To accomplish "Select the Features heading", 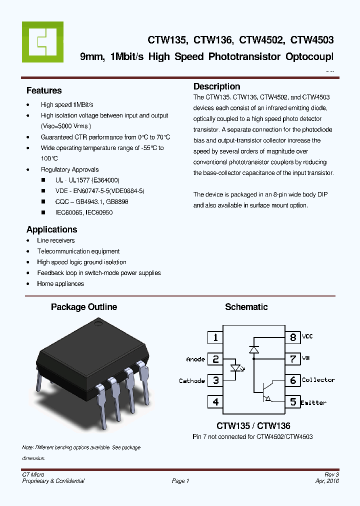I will (x=44, y=90).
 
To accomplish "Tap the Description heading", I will (x=216, y=86).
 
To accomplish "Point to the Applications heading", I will (x=51, y=229).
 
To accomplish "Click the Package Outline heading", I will (x=84, y=307).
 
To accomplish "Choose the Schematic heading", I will (x=246, y=307).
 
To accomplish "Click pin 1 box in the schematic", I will (x=215, y=337).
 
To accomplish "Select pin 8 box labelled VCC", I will (x=293, y=337).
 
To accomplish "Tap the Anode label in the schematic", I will (x=195, y=359).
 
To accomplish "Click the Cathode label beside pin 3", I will (x=192, y=380).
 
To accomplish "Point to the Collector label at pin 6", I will (x=318, y=380).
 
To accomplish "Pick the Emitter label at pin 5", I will (x=314, y=402).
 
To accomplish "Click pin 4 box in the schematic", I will (x=215, y=401).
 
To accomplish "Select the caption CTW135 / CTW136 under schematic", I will (x=253, y=426).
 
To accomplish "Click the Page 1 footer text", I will (x=180, y=481).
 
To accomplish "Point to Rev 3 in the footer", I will (x=331, y=474).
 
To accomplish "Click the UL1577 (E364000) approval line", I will (x=87, y=180).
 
